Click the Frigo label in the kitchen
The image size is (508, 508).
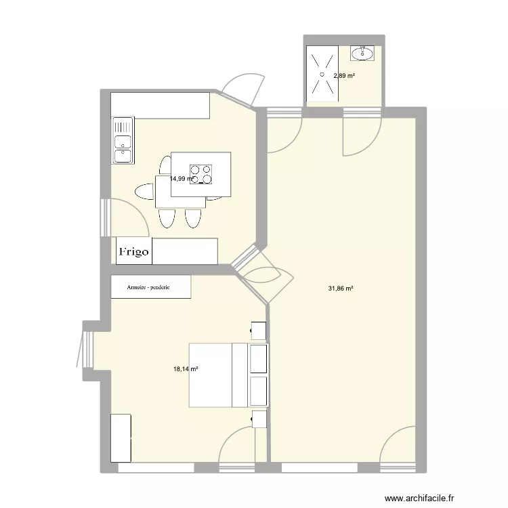click(133, 251)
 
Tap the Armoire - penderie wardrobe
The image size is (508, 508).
click(150, 287)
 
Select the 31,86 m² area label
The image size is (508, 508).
click(341, 289)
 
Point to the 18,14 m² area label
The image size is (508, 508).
click(185, 369)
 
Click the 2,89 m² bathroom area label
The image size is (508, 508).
click(343, 76)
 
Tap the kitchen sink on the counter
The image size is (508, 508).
click(123, 141)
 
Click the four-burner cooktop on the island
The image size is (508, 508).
click(201, 174)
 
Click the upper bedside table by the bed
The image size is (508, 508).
click(258, 330)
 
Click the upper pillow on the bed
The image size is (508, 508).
click(258, 358)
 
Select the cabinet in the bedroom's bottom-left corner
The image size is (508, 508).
click(121, 438)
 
